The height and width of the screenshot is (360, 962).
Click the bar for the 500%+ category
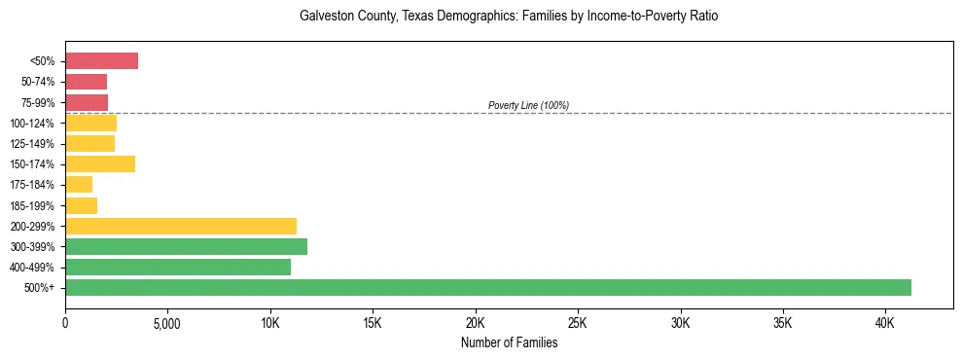pos(487,287)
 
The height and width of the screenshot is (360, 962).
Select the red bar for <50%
pos(101,61)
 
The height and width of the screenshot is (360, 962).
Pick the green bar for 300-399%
pos(186,246)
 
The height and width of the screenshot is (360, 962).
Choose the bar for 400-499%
pos(178,267)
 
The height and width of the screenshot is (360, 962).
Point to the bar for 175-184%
pos(79,185)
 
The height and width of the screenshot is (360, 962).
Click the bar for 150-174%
pos(100,164)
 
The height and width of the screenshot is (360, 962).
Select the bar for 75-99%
pos(87,102)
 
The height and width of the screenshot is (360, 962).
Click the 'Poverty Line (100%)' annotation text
pos(528,105)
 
